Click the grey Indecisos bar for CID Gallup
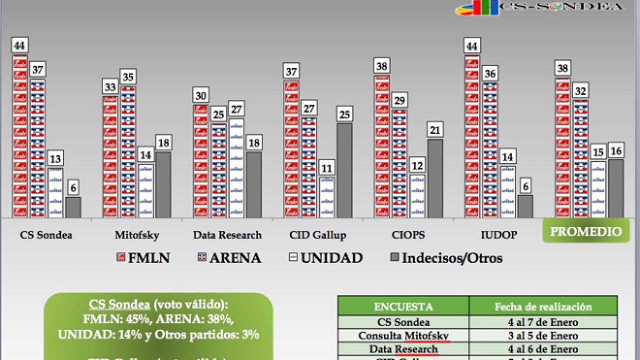point(344,170)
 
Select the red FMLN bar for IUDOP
point(472,137)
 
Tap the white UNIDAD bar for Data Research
point(236,167)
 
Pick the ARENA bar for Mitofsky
point(128,152)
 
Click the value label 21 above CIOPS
point(435,130)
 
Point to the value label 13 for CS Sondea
point(55,159)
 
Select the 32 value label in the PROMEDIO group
point(580,91)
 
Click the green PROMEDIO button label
point(586,231)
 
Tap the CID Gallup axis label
point(317,234)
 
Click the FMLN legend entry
point(143,258)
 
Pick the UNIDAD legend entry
point(325,258)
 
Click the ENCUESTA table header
point(403,306)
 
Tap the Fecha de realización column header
point(543,306)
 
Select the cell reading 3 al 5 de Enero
point(543,335)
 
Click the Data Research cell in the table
point(403,349)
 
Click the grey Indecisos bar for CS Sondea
point(73,207)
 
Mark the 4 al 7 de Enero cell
point(543,322)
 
